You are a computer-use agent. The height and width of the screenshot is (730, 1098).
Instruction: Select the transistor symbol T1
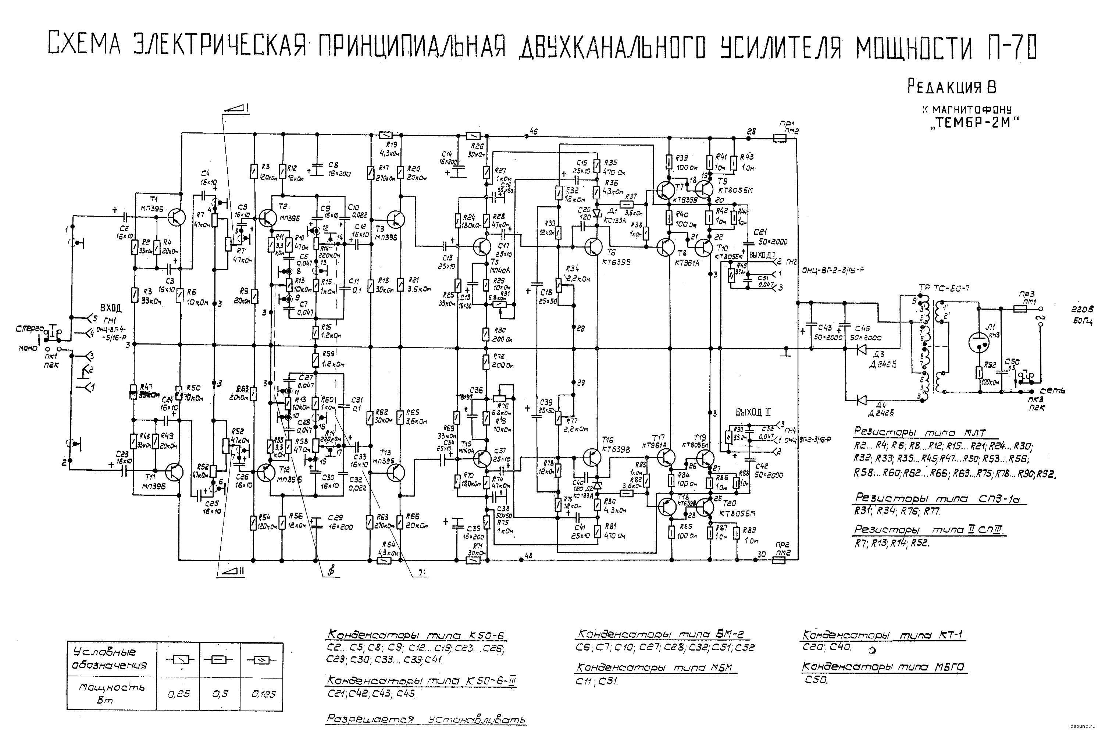coord(176,217)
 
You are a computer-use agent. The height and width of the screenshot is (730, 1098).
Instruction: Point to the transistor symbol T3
coord(395,219)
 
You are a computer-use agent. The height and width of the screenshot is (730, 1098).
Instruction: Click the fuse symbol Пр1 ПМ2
coord(779,138)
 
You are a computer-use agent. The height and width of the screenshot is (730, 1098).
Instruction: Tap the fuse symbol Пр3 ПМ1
coord(1019,308)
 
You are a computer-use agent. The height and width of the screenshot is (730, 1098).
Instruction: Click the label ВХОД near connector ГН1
coord(111,308)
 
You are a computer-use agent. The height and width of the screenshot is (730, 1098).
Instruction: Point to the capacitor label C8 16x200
coord(339,170)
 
